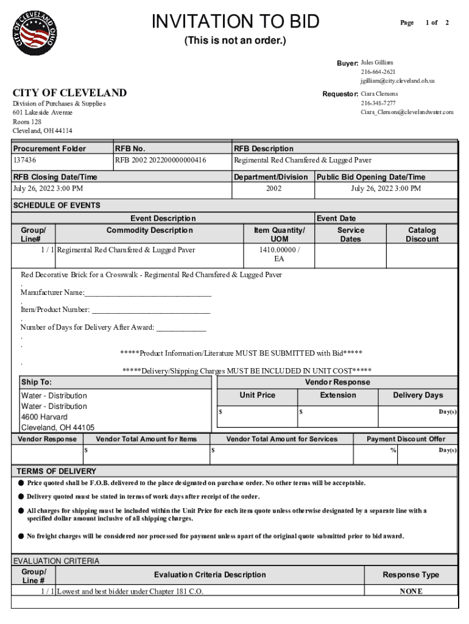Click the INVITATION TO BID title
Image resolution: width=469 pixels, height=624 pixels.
tap(235, 22)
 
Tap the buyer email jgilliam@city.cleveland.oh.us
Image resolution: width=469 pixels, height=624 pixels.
tap(397, 80)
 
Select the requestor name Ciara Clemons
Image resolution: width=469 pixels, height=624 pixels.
tap(379, 94)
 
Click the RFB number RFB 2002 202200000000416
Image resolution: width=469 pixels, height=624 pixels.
tap(160, 160)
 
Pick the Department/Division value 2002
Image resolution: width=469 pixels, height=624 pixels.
tap(273, 188)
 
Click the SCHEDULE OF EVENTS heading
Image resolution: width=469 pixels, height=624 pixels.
tap(57, 205)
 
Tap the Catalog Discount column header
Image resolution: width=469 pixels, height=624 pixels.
tap(421, 235)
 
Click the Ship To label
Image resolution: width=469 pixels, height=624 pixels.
tap(37, 382)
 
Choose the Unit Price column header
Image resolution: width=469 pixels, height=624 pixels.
tap(257, 395)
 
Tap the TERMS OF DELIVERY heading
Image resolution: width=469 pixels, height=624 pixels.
tap(56, 471)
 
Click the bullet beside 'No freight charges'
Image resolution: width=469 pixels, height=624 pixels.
tap(21, 536)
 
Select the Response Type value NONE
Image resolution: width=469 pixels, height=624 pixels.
tap(411, 591)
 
